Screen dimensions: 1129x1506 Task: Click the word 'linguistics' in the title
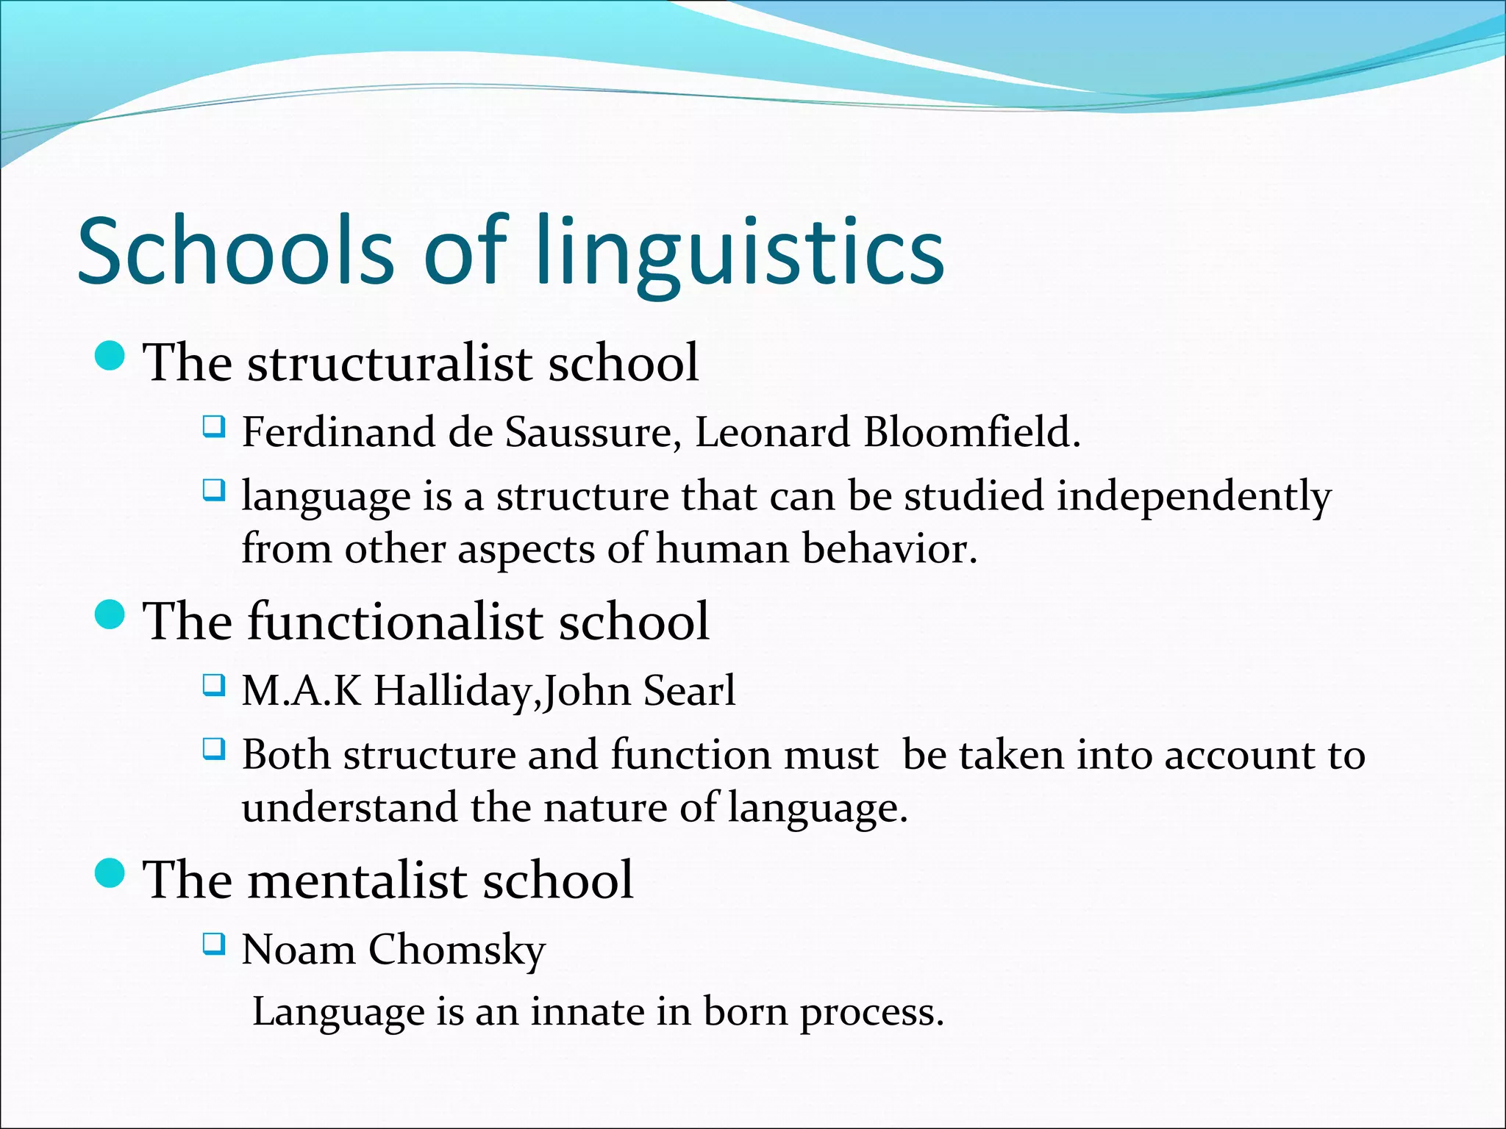tap(740, 251)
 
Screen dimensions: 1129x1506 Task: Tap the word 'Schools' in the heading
tap(236, 251)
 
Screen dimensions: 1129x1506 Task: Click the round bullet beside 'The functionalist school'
tap(110, 614)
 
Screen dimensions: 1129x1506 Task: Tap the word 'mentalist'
tap(357, 880)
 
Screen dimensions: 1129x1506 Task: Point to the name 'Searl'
tap(689, 692)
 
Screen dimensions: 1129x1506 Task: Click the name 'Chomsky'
tap(457, 950)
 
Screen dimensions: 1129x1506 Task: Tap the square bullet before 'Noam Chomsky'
tap(213, 943)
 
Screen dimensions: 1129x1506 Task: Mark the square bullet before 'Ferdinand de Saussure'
tap(213, 426)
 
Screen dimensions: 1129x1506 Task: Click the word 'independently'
tap(1193, 496)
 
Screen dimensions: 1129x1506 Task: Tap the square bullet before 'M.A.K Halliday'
tap(213, 685)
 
